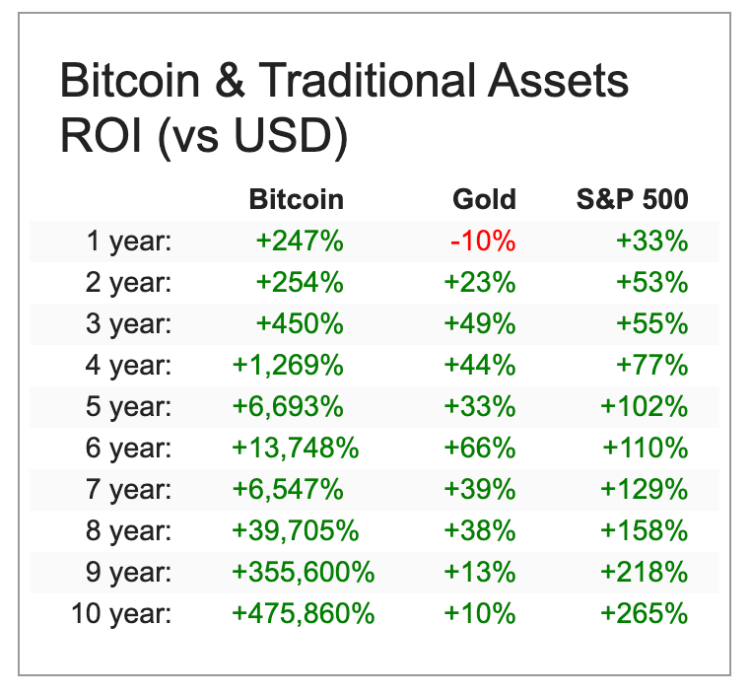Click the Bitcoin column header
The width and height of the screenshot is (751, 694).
tap(297, 199)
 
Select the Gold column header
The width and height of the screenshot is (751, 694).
tap(484, 199)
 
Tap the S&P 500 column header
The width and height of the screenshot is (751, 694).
tap(632, 199)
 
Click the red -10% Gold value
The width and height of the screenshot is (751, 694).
tap(483, 241)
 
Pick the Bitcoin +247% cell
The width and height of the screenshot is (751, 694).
tap(300, 241)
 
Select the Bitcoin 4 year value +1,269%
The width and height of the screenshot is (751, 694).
tap(288, 365)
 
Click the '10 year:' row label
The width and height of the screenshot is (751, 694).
tap(121, 613)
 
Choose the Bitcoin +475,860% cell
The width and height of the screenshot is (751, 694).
tap(303, 613)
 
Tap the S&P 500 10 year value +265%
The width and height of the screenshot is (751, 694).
tap(645, 613)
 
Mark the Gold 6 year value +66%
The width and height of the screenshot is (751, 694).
tap(480, 448)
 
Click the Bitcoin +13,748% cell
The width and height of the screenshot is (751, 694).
tap(296, 448)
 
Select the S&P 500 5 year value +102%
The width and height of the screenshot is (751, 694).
tap(645, 406)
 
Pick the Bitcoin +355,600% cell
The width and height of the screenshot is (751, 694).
tap(303, 572)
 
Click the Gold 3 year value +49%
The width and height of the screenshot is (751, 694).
tap(480, 323)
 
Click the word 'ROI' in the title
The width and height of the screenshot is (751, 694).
tap(96, 137)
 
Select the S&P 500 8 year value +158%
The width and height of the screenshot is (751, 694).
tap(645, 530)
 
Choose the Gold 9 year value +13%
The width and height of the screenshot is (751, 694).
tap(480, 572)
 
